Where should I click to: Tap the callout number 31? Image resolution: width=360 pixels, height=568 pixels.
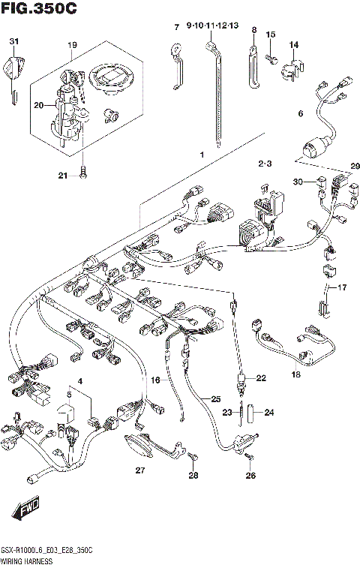click(x=13, y=41)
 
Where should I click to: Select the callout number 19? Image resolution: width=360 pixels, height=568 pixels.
click(x=71, y=45)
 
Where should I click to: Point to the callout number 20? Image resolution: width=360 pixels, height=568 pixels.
click(x=40, y=106)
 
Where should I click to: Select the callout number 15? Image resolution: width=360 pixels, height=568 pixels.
click(x=271, y=35)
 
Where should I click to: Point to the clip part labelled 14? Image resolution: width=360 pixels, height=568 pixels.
click(x=292, y=71)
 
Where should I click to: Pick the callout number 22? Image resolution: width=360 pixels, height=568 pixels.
click(x=260, y=378)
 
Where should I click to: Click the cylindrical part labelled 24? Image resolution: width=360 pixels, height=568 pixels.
click(x=254, y=411)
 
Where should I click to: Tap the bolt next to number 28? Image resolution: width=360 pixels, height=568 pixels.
click(x=193, y=455)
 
